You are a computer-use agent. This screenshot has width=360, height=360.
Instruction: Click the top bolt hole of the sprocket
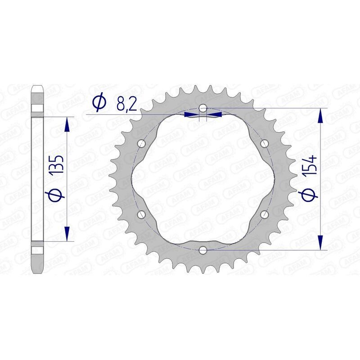(x=203, y=108)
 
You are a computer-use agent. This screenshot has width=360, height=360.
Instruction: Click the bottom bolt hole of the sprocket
(x=203, y=249)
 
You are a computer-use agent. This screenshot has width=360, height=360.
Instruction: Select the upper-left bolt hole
(x=142, y=144)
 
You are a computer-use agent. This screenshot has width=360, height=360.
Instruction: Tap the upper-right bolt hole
(x=264, y=144)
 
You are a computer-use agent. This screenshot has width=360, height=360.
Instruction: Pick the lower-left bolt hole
(x=142, y=214)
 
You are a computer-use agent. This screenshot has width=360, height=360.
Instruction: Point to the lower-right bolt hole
(x=264, y=214)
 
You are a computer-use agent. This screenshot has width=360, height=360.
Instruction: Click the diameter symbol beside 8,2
(x=99, y=103)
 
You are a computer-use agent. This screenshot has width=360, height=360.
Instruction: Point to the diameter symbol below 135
(x=57, y=196)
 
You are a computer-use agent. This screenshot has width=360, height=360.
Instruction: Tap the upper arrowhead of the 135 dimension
(x=67, y=125)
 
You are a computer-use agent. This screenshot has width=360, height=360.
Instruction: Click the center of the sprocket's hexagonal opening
(x=203, y=179)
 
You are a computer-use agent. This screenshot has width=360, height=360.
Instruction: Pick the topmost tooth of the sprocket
(x=203, y=86)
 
